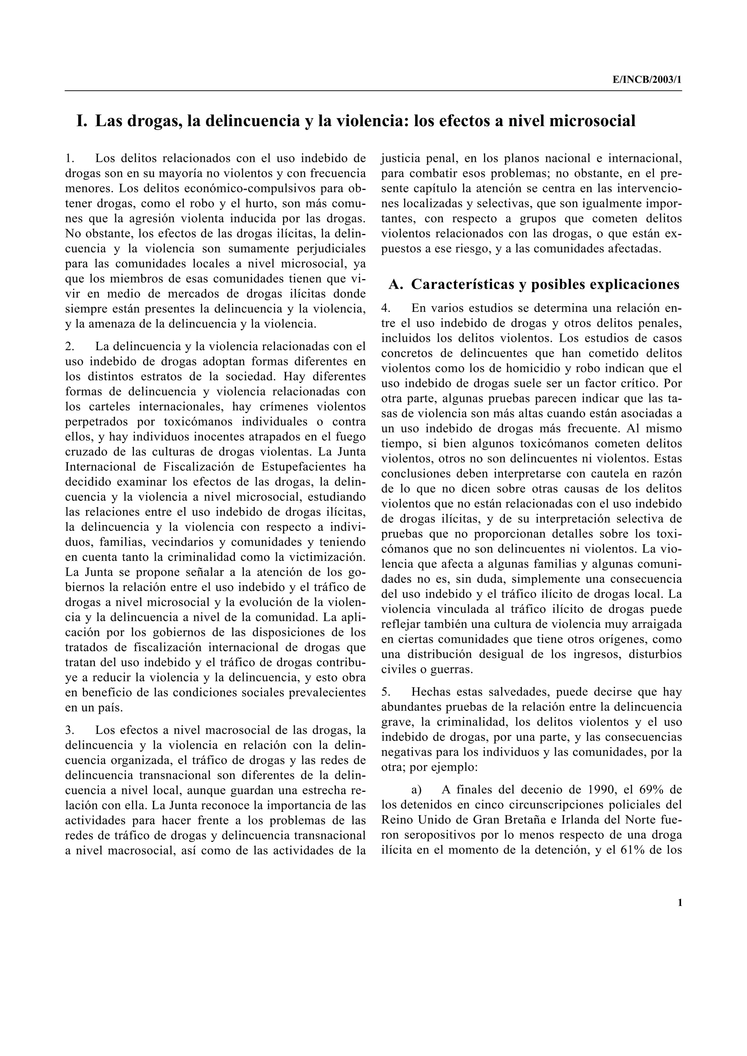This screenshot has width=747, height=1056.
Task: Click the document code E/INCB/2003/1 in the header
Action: tap(647, 79)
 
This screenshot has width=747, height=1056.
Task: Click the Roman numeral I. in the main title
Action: tap(82, 121)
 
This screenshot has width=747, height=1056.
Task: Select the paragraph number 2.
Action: tap(70, 346)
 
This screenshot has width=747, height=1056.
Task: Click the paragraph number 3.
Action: tap(70, 730)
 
